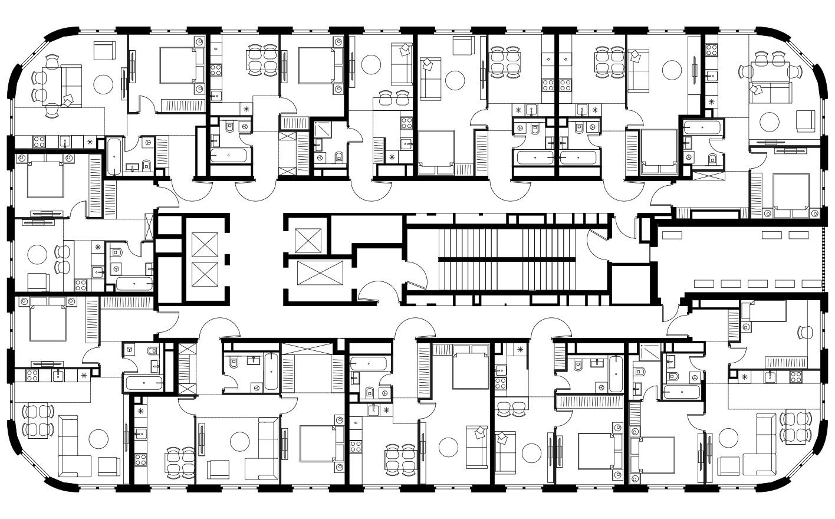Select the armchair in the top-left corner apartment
pyautogui.click(x=107, y=51)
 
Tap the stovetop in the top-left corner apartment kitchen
pyautogui.click(x=40, y=142)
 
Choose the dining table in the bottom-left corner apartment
pyautogui.click(x=38, y=420)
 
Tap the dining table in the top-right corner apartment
pyautogui.click(x=771, y=72)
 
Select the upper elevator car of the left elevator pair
pyautogui.click(x=204, y=243)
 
